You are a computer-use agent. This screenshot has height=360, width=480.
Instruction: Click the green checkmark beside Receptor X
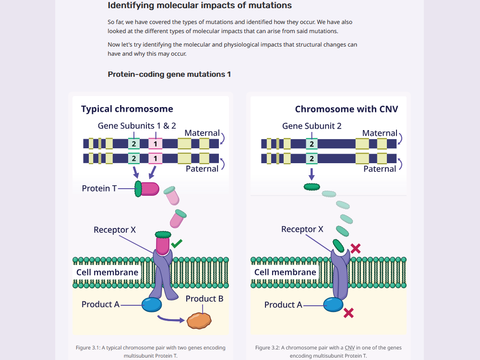point(177,244)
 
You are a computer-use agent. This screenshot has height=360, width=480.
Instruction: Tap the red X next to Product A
point(348,313)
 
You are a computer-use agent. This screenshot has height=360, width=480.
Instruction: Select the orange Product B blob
point(199,321)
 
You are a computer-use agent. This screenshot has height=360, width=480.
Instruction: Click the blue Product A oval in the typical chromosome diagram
point(152,305)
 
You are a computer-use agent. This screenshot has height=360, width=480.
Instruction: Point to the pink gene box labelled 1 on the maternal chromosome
point(155,144)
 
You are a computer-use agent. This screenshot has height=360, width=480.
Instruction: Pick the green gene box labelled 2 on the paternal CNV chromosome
point(312,158)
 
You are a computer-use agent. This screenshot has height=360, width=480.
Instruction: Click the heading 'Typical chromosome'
point(127,109)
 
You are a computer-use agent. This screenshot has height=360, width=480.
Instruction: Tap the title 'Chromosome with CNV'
point(346,109)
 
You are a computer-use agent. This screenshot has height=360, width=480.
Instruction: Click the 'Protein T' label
point(99,188)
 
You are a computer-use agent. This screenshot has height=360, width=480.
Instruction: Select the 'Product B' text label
point(204,299)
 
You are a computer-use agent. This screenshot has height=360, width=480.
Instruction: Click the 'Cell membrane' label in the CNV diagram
point(285,272)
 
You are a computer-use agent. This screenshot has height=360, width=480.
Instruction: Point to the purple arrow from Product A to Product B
point(171,319)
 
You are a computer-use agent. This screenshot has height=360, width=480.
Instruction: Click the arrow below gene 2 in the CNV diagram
point(312,174)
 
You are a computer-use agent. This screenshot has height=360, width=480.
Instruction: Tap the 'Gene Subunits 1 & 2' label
point(137,126)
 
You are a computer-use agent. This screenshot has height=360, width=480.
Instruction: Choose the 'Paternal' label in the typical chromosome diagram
point(202,168)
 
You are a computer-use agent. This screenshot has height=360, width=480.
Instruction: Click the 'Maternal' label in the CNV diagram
point(380,133)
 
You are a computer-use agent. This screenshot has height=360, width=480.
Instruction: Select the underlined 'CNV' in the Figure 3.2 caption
point(349,348)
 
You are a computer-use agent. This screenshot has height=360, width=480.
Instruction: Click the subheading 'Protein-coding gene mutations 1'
point(169,74)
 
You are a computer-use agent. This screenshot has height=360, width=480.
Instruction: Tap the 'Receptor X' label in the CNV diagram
point(302,229)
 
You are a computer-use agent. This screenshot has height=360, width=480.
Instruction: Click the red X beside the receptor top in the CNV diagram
point(355,248)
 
